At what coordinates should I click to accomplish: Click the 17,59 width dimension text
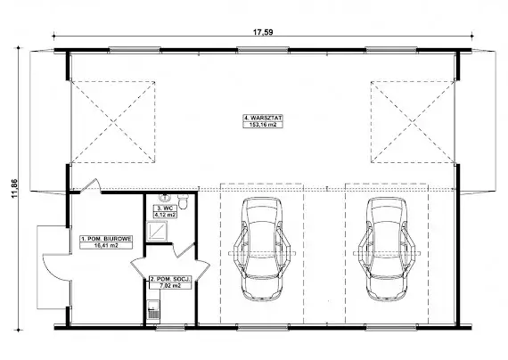263,32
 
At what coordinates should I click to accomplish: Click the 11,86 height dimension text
14,188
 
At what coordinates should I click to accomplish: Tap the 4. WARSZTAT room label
263,118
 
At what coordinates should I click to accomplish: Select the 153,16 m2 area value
263,125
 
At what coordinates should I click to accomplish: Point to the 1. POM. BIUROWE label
106,239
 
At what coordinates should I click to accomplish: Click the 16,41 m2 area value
106,245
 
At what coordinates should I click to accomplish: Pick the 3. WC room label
165,208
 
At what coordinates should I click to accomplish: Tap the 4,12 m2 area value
165,214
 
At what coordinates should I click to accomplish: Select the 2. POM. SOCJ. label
170,279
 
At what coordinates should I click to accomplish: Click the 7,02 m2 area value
170,285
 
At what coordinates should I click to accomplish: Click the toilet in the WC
184,201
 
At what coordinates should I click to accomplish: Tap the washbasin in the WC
165,197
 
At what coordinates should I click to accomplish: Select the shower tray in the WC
157,232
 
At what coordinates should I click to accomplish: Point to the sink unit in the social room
153,310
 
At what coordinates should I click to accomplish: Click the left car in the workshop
262,249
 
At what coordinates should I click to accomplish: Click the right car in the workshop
387,250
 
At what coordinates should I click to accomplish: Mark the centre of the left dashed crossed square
113,122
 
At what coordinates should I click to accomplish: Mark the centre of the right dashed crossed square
413,122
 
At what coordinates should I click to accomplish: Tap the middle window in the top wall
263,50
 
